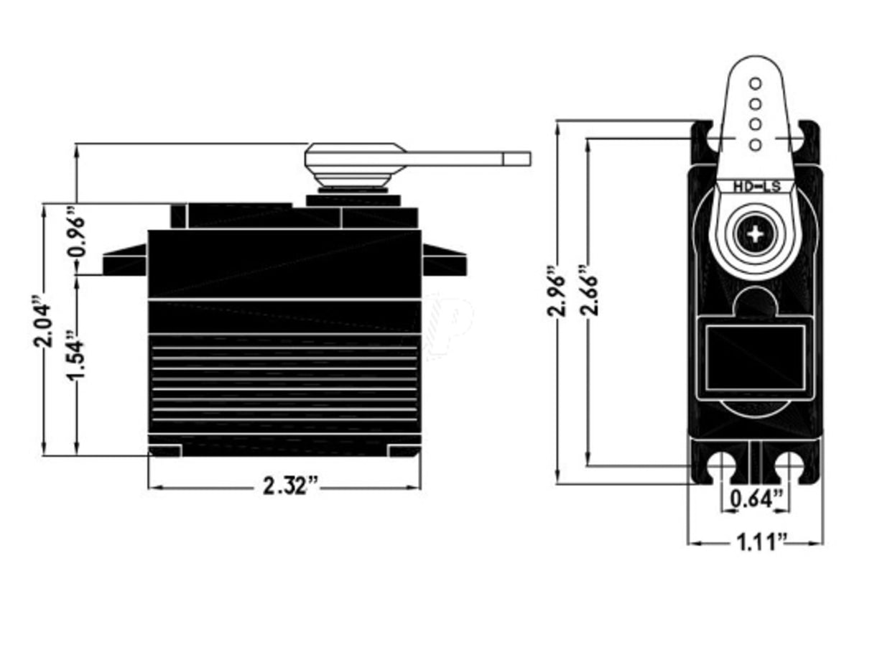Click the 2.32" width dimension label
[290, 486]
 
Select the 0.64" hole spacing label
[756, 498]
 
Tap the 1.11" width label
[756, 541]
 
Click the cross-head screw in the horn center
[755, 234]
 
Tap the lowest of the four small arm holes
[755, 144]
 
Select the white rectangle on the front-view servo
[755, 357]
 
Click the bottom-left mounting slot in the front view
[720, 468]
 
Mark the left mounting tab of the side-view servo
[125, 261]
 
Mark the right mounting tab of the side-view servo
[444, 261]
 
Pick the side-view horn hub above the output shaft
[352, 164]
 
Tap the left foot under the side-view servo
[164, 451]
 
